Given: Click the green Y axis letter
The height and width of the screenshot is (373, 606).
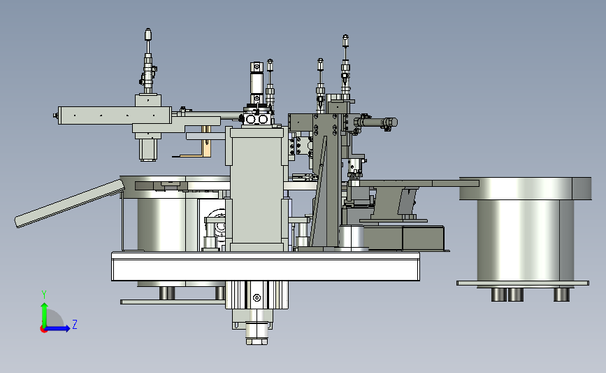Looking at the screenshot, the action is [44, 295].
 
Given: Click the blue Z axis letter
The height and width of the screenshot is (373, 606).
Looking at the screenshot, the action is [75, 324].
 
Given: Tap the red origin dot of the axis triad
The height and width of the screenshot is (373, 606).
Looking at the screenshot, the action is [43, 330].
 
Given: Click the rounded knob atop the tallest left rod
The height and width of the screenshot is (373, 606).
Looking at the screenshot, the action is [148, 34].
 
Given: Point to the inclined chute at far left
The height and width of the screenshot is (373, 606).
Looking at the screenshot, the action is [70, 203].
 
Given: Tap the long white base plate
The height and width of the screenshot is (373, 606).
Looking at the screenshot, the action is [266, 266].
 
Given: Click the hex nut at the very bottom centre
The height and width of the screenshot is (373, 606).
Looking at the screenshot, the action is [257, 342].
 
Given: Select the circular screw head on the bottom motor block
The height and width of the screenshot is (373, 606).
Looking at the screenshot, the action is [257, 297].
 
